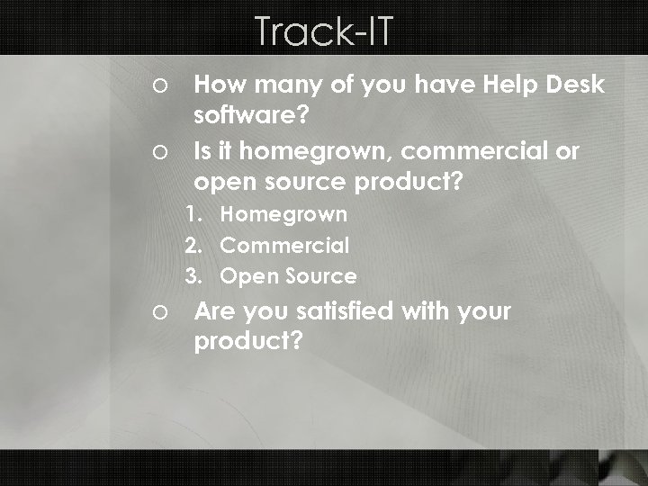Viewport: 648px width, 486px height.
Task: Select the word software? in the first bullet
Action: (x=251, y=115)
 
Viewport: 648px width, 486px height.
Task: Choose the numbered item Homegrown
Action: (x=283, y=214)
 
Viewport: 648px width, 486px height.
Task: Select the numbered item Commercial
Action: (x=284, y=245)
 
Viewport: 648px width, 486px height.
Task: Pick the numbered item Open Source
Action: (x=288, y=275)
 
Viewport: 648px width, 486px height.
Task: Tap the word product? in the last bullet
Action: (x=248, y=342)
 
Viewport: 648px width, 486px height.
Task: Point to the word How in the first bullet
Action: (x=216, y=85)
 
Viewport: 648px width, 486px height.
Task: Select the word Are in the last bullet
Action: (x=214, y=311)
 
